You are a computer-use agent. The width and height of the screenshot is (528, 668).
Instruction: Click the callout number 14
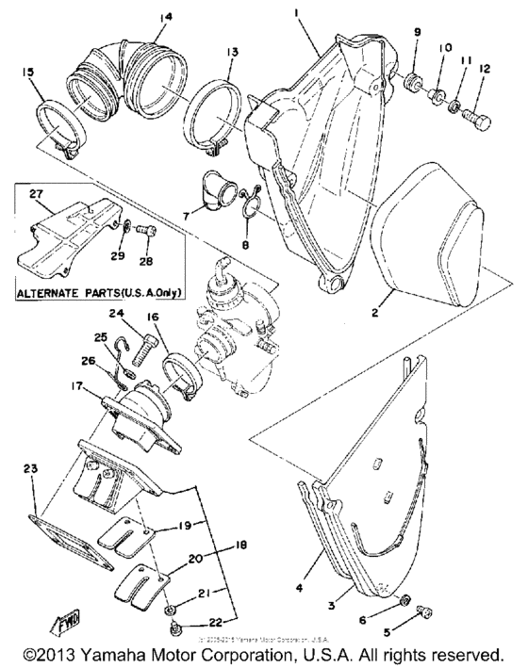point(167,16)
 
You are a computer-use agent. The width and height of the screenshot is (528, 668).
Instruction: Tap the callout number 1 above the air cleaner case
point(296,14)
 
